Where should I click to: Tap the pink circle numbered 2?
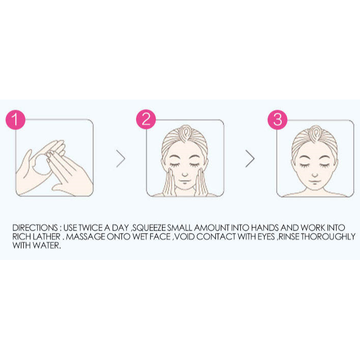coord(146,120)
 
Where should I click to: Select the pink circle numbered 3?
coord(277,120)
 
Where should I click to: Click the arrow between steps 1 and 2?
coord(120,158)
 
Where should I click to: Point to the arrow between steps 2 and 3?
coord(250,158)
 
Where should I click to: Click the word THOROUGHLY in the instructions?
coord(323,237)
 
